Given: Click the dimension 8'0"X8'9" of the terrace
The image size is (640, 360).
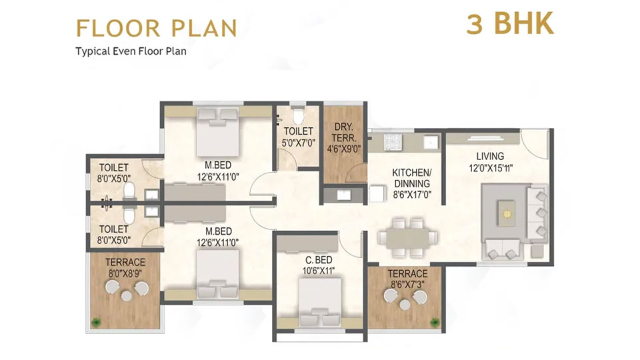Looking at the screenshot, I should pyautogui.click(x=125, y=272).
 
